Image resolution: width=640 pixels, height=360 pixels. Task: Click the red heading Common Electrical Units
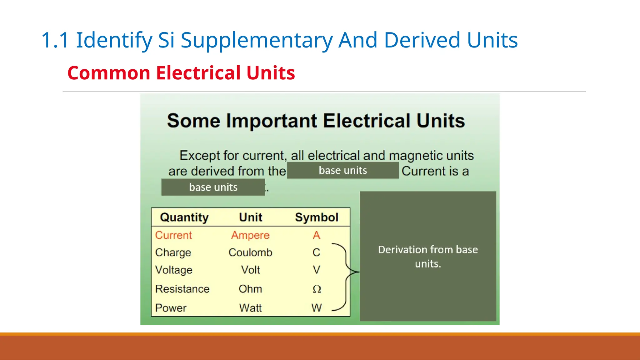click(x=181, y=73)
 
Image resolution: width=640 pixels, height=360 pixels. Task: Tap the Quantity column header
click(x=184, y=217)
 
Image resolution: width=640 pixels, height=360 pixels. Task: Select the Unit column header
click(x=250, y=217)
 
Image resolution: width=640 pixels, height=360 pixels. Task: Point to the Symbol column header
click(x=316, y=217)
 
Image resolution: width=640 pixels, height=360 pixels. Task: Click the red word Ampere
click(x=250, y=235)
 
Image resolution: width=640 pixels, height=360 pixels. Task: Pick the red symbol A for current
click(x=316, y=235)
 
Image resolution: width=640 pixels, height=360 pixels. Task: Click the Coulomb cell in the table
click(x=250, y=252)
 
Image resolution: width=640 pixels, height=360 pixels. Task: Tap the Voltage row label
click(x=174, y=270)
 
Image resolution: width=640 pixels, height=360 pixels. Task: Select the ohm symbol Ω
click(x=317, y=289)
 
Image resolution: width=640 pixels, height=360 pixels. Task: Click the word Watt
click(x=250, y=308)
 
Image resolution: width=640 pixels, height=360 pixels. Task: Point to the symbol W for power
click(x=316, y=308)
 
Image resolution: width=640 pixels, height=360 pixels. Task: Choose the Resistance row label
click(x=182, y=289)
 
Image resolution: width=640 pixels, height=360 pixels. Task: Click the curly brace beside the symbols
click(x=346, y=272)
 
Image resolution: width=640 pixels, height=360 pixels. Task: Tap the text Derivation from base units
click(x=428, y=256)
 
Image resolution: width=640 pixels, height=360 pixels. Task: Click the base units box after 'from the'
click(x=343, y=170)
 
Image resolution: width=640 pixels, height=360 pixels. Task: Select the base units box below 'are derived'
click(x=213, y=187)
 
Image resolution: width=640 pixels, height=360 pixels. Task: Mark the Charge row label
click(x=173, y=252)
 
